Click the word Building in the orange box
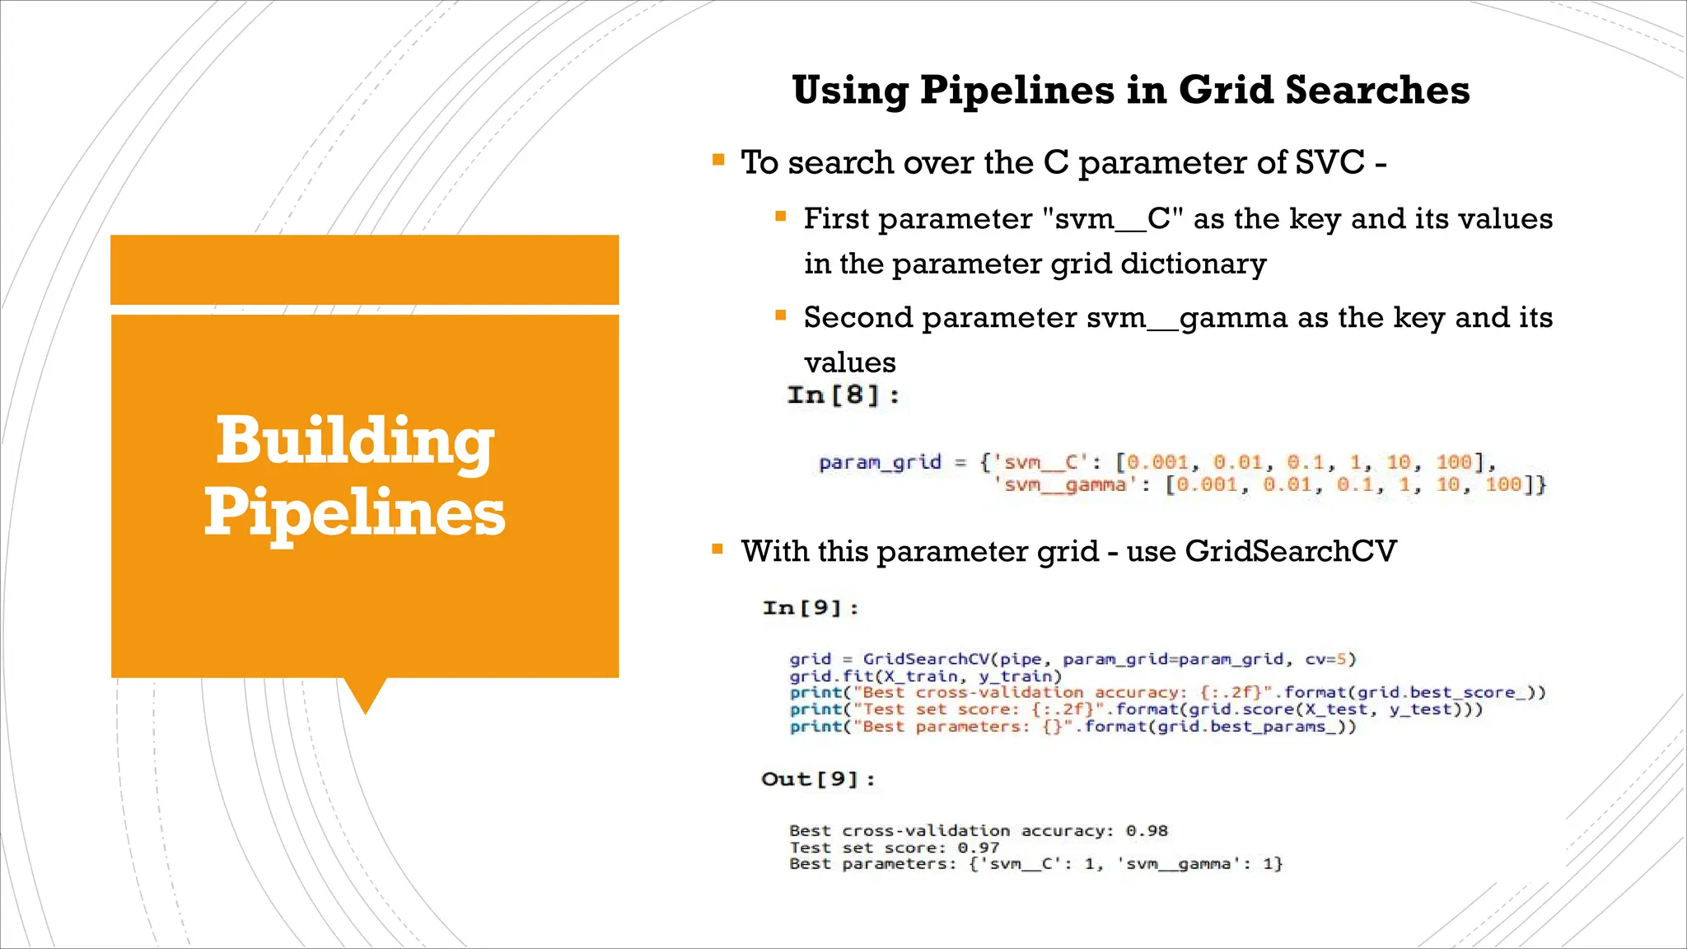tap(355, 442)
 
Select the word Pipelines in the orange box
tap(355, 512)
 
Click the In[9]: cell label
tap(811, 608)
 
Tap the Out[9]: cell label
tap(818, 779)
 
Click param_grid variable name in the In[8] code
tap(880, 462)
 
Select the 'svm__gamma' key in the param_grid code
tap(1063, 484)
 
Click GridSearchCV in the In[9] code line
tap(926, 659)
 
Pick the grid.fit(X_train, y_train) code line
tap(926, 676)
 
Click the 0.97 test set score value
tap(979, 848)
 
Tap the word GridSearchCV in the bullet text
tap(1291, 551)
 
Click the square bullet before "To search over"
tap(718, 160)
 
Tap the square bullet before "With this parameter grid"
tap(718, 549)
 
